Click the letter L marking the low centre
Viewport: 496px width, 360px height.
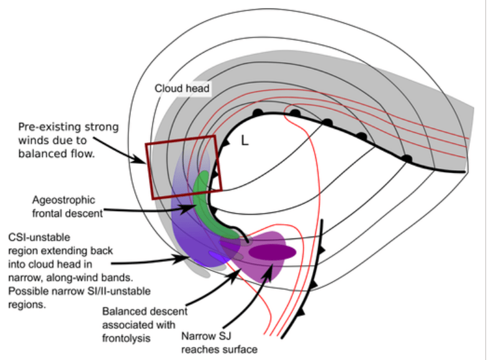point(245,142)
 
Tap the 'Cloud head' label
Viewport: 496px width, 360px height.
point(183,89)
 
